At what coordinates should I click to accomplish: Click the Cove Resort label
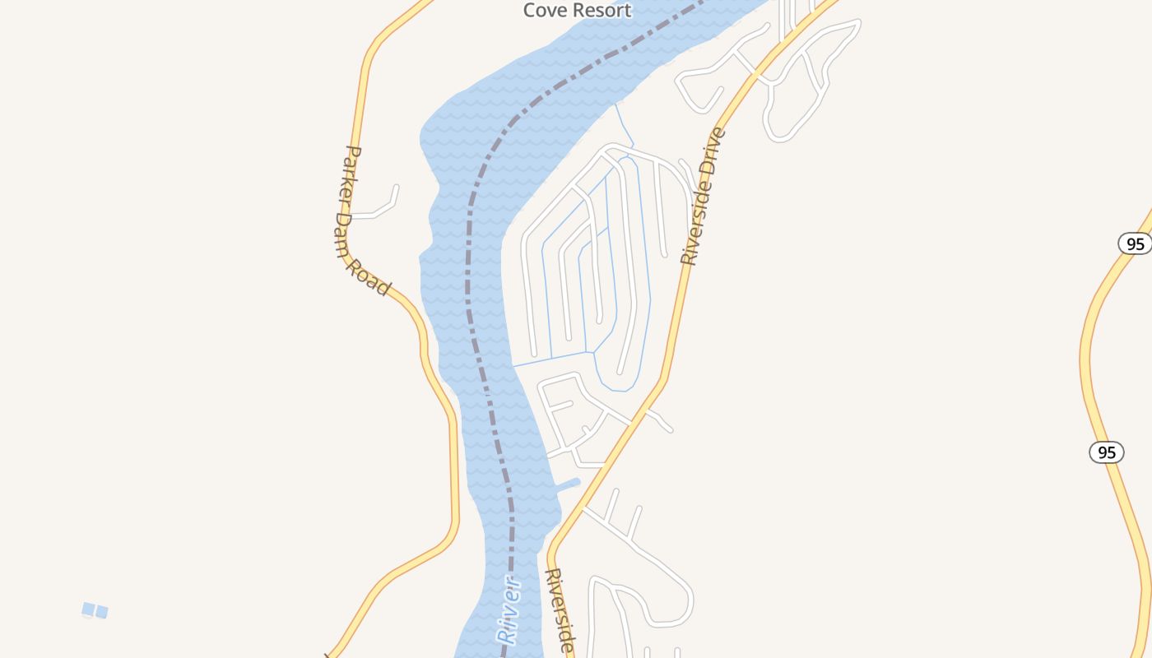(577, 10)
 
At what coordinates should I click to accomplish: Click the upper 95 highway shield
(1136, 243)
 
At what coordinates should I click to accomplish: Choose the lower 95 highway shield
(1107, 452)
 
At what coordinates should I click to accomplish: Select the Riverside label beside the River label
(560, 610)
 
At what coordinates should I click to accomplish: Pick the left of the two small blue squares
(88, 609)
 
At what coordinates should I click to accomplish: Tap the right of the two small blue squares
(101, 612)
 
